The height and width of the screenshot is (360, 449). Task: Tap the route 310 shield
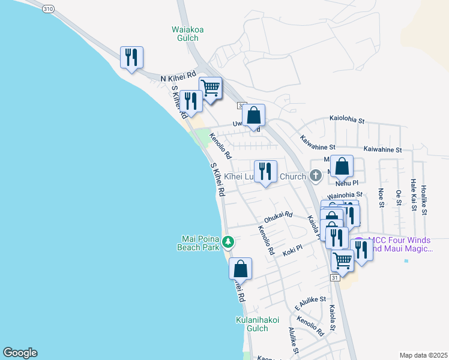pos(49,8)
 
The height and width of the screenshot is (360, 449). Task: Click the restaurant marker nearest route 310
pos(131,58)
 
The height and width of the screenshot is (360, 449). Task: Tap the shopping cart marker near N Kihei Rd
pos(210,88)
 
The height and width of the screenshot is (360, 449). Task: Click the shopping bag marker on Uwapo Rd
pos(254,115)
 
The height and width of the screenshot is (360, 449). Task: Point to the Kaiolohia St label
pos(347,121)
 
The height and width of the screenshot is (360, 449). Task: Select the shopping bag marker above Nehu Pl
pos(342,167)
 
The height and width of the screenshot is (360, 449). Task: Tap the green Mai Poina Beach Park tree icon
pos(228,242)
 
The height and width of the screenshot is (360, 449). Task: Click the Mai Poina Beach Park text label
pos(202,242)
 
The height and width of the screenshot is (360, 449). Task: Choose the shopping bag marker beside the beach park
pos(240,268)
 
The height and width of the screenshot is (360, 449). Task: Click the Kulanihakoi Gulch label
pos(257,324)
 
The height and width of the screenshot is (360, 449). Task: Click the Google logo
pos(20,353)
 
